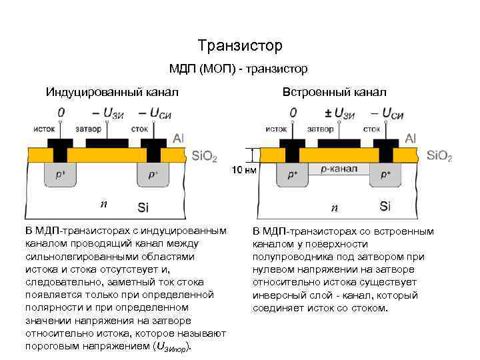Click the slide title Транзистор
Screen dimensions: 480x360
point(240,45)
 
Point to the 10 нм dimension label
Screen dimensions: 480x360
point(244,171)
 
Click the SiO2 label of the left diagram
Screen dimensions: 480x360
point(204,157)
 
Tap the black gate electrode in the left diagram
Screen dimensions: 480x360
point(107,143)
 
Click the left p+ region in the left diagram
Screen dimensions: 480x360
point(61,175)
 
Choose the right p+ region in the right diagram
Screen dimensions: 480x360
point(385,175)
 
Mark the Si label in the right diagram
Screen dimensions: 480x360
point(385,206)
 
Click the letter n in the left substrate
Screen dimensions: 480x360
point(102,203)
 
